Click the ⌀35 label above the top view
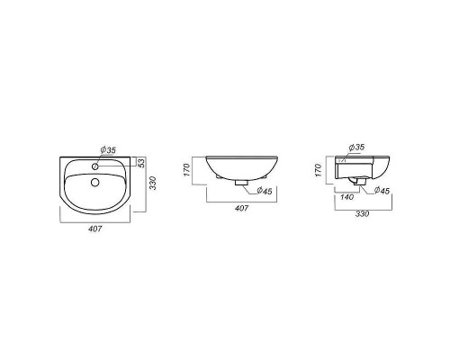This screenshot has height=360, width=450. click(108, 150)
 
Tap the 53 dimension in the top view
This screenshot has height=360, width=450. click(141, 163)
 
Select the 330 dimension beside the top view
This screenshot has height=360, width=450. click(153, 183)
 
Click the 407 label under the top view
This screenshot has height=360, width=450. click(95, 229)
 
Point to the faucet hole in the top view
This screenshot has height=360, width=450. click(95, 166)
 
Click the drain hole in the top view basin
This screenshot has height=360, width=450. click(95, 182)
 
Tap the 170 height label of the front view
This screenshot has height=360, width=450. click(187, 170)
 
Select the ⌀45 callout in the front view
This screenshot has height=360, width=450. click(264, 190)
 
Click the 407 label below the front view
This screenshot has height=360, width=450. click(241, 208)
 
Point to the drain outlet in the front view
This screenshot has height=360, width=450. click(241, 183)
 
